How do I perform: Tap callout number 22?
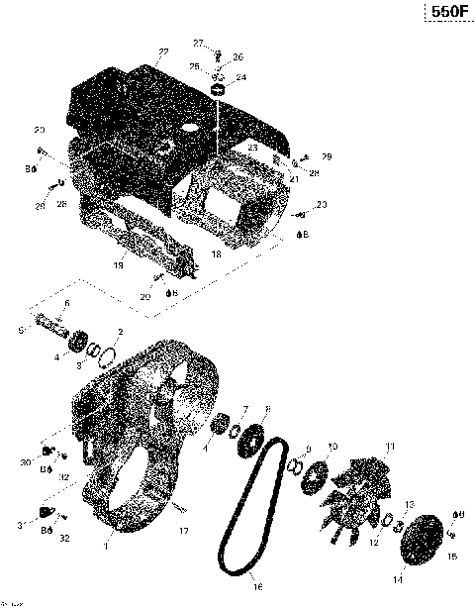(x=162, y=51)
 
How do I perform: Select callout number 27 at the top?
(x=197, y=43)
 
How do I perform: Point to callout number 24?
(x=241, y=76)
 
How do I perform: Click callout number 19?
(x=118, y=264)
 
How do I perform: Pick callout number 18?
(x=216, y=253)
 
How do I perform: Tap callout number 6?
(x=66, y=302)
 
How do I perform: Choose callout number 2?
(x=120, y=331)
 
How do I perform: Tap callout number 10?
(x=332, y=447)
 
